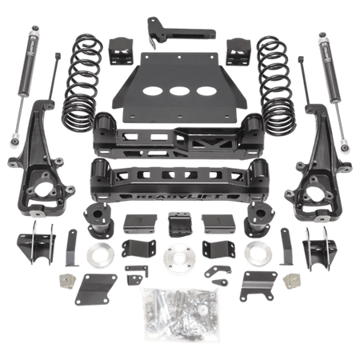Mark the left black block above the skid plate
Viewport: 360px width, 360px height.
pos(125,50)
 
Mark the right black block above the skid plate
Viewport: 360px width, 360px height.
pos(238,50)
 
